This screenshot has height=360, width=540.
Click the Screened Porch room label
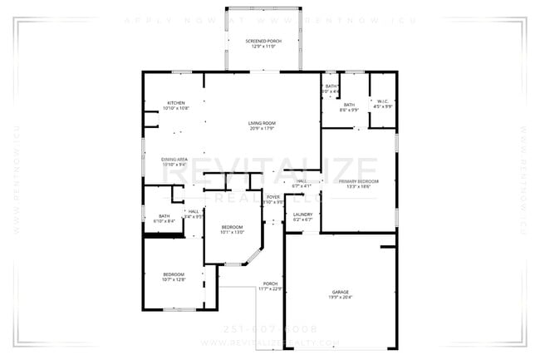click(263, 41)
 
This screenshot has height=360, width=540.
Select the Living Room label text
click(263, 123)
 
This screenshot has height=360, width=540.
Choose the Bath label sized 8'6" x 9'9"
click(349, 105)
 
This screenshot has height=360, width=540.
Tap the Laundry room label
click(303, 215)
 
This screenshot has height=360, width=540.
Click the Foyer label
click(272, 197)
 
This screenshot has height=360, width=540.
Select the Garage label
click(340, 292)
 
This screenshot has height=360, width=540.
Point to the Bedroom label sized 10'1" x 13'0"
click(232, 227)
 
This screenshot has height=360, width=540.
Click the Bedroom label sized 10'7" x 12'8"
click(173, 274)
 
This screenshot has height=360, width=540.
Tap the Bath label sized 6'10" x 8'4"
click(164, 216)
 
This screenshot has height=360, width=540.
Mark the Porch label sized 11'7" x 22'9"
click(271, 284)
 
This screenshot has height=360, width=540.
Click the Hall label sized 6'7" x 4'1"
click(302, 180)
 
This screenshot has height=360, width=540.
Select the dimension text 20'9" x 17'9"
click(263, 129)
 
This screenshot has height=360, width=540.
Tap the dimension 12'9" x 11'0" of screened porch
click(263, 47)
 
